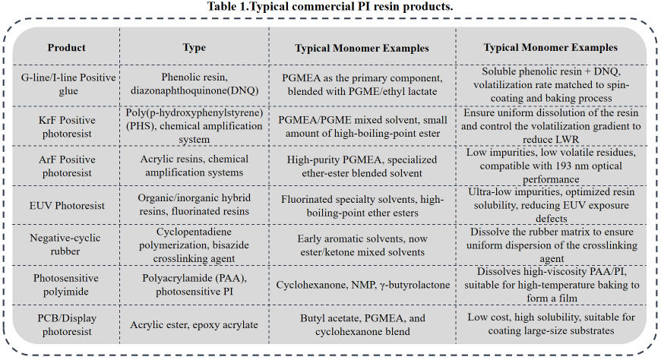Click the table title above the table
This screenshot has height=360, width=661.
(x=330, y=7)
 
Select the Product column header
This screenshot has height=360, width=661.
(x=67, y=47)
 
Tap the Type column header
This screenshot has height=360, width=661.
(x=195, y=47)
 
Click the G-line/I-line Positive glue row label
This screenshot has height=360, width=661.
(x=67, y=84)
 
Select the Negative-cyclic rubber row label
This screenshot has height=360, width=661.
(x=67, y=244)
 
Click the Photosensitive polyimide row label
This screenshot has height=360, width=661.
(x=67, y=285)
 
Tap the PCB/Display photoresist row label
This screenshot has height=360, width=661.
(x=67, y=325)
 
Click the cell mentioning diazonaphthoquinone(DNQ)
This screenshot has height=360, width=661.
(x=195, y=84)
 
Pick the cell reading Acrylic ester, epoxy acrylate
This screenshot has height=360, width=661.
(x=195, y=325)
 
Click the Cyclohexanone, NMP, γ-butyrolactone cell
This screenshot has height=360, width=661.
(x=362, y=285)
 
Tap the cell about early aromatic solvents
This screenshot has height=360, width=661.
(x=362, y=244)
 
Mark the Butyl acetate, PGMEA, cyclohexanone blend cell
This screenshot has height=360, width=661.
(x=362, y=325)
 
